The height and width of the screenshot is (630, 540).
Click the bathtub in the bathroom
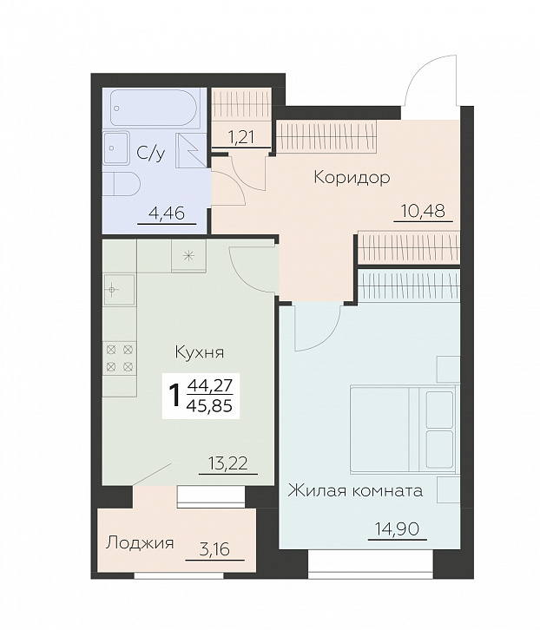tap(154, 107)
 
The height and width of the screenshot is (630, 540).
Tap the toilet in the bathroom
tap(122, 184)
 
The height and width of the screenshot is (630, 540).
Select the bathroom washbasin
tap(116, 148)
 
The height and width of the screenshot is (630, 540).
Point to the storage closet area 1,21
tap(241, 137)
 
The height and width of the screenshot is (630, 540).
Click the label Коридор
tap(352, 177)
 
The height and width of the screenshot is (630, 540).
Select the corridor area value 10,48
tap(423, 211)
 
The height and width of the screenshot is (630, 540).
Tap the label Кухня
tap(200, 353)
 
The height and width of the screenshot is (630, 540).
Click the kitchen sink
tap(119, 290)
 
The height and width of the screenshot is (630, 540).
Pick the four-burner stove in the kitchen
tap(120, 358)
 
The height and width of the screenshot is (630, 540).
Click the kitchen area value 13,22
tap(228, 463)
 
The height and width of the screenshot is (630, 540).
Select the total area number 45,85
tap(210, 406)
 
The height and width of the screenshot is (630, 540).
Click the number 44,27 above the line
tap(210, 385)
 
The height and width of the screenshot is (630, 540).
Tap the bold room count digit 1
tap(175, 396)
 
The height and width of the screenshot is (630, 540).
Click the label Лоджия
tap(140, 543)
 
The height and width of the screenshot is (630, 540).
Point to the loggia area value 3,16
tap(214, 549)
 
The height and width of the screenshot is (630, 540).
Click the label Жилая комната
tap(355, 491)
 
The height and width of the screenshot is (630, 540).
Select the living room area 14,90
tap(397, 528)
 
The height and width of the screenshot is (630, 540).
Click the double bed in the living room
tap(405, 429)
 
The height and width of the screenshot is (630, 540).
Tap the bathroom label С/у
tap(151, 153)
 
